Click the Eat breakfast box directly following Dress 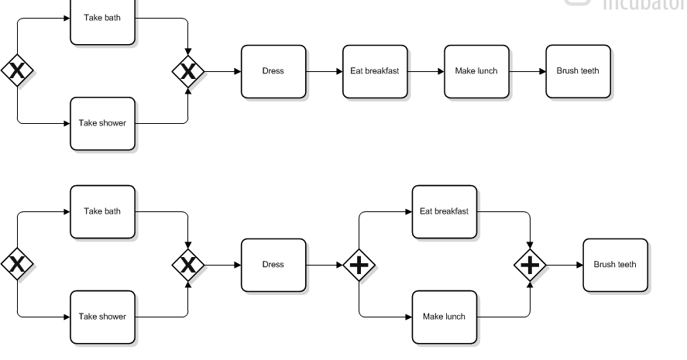(375, 71)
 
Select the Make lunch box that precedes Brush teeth (476, 71)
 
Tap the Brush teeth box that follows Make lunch (578, 71)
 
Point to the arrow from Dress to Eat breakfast (324, 71)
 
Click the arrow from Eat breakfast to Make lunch (425, 71)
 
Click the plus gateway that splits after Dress (359, 265)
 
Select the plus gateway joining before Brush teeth (530, 265)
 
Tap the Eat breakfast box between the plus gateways (444, 211)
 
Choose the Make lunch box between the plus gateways (444, 317)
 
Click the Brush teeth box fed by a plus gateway (615, 265)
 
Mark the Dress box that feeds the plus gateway (273, 265)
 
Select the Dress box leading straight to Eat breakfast (273, 71)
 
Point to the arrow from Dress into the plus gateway (324, 265)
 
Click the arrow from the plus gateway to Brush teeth (564, 265)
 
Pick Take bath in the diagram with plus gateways (102, 211)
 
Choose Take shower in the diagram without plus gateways (102, 123)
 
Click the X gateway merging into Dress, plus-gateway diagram (187, 265)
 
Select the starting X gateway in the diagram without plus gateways (17, 71)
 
